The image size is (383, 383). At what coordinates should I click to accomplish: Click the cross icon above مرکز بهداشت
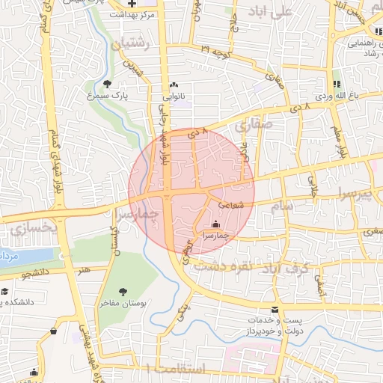coord(132,4)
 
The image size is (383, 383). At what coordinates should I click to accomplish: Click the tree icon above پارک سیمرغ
coord(108,85)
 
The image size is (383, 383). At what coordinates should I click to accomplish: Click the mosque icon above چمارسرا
coord(216,224)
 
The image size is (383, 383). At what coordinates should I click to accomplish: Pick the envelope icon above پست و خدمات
coord(275,309)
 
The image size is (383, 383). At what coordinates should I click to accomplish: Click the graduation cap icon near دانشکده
coord(4,291)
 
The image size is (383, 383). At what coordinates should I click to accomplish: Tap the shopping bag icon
coord(53,331)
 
